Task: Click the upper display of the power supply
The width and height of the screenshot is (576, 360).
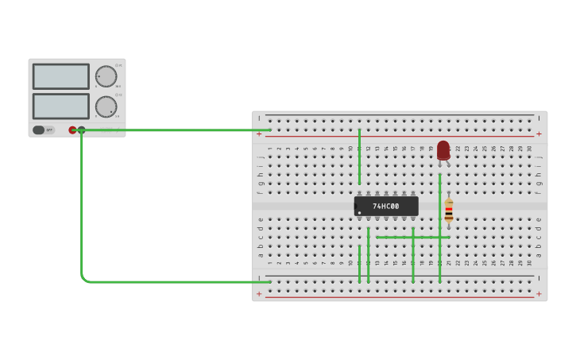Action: [60, 76]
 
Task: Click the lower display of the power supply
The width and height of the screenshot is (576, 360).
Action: [60, 106]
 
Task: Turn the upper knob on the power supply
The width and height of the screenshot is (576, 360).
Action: [106, 76]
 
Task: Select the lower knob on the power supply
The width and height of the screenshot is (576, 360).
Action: [106, 106]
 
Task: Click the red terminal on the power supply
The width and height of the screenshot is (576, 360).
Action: [72, 130]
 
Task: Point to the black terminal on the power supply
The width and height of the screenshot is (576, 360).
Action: [81, 130]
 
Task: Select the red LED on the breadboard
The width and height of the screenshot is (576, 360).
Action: [443, 150]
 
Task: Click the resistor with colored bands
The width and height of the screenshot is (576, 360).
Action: [449, 211]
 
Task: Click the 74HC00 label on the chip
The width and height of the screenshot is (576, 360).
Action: [386, 207]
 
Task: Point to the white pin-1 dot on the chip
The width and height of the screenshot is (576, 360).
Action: [359, 213]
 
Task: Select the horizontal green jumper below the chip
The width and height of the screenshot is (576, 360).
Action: [413, 237]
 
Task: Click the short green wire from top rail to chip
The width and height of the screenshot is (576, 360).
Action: [359, 155]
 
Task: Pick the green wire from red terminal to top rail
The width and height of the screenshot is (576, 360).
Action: [175, 130]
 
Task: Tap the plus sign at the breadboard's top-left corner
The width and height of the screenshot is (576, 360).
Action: [259, 134]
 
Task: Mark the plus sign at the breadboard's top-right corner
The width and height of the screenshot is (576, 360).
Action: [539, 134]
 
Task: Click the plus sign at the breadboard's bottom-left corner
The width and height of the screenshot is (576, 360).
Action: [259, 293]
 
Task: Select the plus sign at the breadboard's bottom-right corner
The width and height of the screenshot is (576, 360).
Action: [539, 293]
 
